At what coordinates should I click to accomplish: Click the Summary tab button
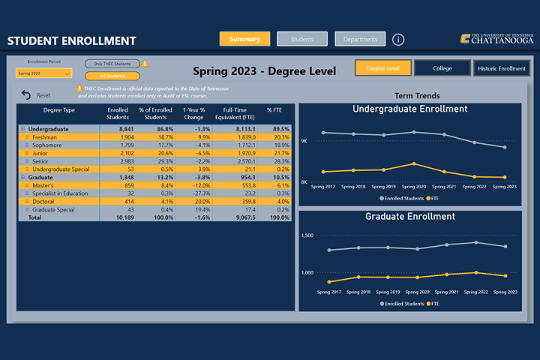pyautogui.click(x=244, y=39)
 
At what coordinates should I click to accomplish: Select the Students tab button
pyautogui.click(x=302, y=39)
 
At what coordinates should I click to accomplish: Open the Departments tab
pyautogui.click(x=360, y=39)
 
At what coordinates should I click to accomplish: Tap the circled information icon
pyautogui.click(x=398, y=40)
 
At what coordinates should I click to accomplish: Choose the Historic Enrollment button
pyautogui.click(x=501, y=68)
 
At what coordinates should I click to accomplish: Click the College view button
pyautogui.click(x=442, y=68)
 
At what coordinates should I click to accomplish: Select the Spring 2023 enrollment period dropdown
pyautogui.click(x=44, y=73)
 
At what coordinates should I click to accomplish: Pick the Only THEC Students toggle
pyautogui.click(x=112, y=64)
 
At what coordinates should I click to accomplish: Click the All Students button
pyautogui.click(x=112, y=76)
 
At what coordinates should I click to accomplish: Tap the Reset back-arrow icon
pyautogui.click(x=26, y=95)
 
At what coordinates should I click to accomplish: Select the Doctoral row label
pyautogui.click(x=43, y=201)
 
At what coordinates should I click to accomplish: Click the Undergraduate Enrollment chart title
pyautogui.click(x=409, y=109)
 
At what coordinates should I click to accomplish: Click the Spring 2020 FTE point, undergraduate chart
pyautogui.click(x=414, y=163)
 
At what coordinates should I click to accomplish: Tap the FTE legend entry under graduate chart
pyautogui.click(x=433, y=304)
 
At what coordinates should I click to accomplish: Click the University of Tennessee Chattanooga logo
pyautogui.click(x=496, y=39)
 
